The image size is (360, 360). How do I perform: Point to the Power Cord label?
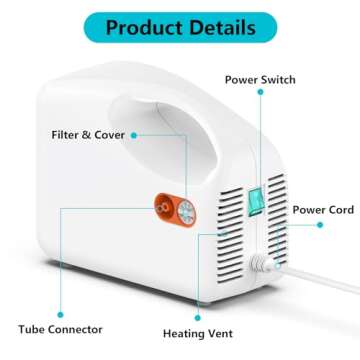[323, 211]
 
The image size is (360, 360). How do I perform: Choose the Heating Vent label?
[192, 336]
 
